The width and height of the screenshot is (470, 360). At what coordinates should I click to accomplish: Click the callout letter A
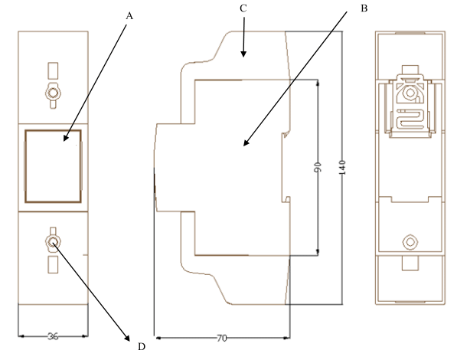(x=129, y=16)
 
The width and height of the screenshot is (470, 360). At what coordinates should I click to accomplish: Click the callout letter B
(x=364, y=8)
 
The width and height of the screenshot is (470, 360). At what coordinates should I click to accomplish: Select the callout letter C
(x=243, y=8)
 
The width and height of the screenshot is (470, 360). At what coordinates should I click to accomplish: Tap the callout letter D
(x=142, y=347)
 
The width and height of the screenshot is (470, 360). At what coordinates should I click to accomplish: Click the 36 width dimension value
(x=53, y=336)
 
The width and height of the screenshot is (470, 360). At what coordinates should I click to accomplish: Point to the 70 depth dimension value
(x=221, y=339)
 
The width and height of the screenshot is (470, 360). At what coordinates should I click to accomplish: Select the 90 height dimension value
(x=318, y=167)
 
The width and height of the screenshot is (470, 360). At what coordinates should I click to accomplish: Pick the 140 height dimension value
(x=342, y=168)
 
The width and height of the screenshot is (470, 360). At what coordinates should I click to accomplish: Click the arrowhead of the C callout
(x=243, y=54)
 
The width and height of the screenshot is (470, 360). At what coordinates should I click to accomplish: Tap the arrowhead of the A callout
(x=66, y=138)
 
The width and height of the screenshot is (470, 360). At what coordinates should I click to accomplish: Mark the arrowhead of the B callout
(x=246, y=143)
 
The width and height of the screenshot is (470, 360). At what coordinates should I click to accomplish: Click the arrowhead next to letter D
(x=127, y=339)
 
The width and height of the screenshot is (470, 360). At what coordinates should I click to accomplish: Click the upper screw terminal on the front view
(x=53, y=93)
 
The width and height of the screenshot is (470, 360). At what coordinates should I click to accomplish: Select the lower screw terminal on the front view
(x=53, y=242)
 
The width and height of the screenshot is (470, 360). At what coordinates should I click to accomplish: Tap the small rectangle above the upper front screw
(x=53, y=70)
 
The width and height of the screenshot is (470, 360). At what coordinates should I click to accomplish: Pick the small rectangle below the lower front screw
(x=53, y=264)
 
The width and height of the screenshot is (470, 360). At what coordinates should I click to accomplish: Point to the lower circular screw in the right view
(x=410, y=242)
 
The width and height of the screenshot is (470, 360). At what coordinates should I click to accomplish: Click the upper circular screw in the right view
(x=410, y=93)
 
